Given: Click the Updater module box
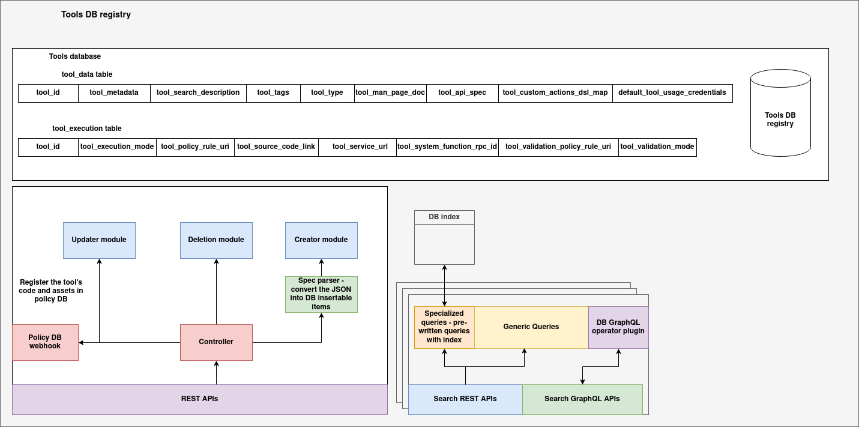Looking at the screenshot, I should pyautogui.click(x=99, y=240).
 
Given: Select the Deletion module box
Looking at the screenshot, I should pyautogui.click(x=216, y=240).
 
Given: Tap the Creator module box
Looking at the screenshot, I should pyautogui.click(x=321, y=240).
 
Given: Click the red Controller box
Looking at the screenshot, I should pyautogui.click(x=216, y=342).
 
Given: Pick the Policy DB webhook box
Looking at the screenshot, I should pyautogui.click(x=45, y=342).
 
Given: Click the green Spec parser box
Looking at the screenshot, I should pyautogui.click(x=321, y=294).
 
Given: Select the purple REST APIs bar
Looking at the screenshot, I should pyautogui.click(x=199, y=399).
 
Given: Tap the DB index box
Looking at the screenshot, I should pyautogui.click(x=444, y=237).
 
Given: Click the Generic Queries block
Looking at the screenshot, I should pyautogui.click(x=531, y=327).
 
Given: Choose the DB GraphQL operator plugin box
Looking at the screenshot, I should pyautogui.click(x=618, y=327).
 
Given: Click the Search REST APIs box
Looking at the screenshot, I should pyautogui.click(x=465, y=399).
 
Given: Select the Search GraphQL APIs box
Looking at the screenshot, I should pyautogui.click(x=582, y=399).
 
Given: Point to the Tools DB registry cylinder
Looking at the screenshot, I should pyautogui.click(x=780, y=120).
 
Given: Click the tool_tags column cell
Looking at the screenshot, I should pyautogui.click(x=273, y=93).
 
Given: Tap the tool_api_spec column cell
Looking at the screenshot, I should pyautogui.click(x=462, y=93).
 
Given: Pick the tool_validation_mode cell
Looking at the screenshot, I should pyautogui.click(x=657, y=147).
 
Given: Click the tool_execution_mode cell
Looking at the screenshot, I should pyautogui.click(x=117, y=147).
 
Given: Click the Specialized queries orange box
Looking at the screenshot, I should pyautogui.click(x=444, y=327).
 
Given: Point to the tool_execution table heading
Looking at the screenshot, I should pyautogui.click(x=87, y=129).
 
